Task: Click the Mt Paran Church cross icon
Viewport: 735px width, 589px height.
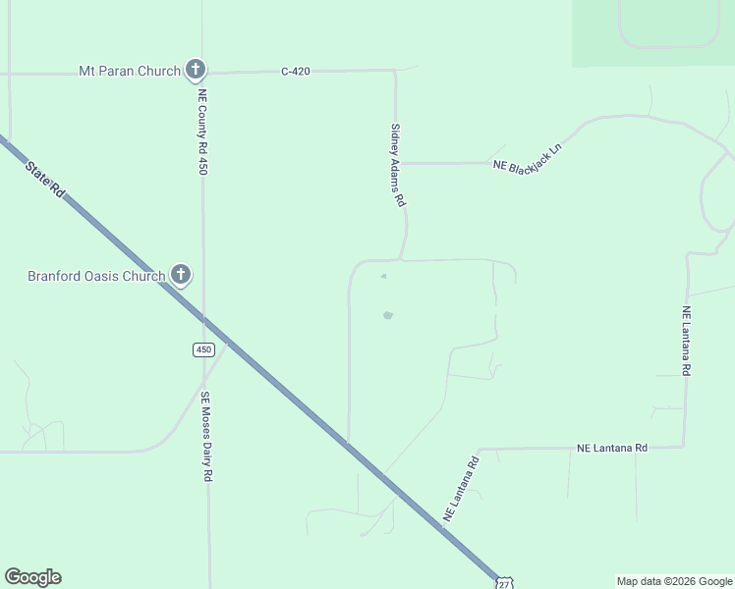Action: tap(196, 70)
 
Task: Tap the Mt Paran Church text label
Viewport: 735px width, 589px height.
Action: tap(130, 71)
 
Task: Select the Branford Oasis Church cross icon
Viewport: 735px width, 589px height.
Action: tap(181, 275)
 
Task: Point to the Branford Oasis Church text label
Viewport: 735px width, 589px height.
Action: tap(96, 276)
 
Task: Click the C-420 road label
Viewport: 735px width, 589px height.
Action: tap(296, 71)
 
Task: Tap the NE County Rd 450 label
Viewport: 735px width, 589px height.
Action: tap(202, 133)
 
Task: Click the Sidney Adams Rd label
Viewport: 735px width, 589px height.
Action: tap(397, 164)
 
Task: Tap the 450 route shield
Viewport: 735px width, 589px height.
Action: tap(202, 349)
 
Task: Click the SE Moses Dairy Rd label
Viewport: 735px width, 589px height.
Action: tap(206, 437)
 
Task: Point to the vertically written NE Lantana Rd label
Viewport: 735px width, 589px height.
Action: tap(687, 341)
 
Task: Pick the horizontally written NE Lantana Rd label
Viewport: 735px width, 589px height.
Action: tap(612, 448)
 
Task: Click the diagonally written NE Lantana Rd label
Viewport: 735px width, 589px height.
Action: tap(461, 488)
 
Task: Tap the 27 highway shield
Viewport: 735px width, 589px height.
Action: tap(504, 583)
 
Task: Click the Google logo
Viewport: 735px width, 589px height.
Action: tap(32, 577)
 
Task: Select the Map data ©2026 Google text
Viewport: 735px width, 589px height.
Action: tap(673, 581)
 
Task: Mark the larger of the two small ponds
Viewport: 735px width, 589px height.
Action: tap(387, 315)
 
